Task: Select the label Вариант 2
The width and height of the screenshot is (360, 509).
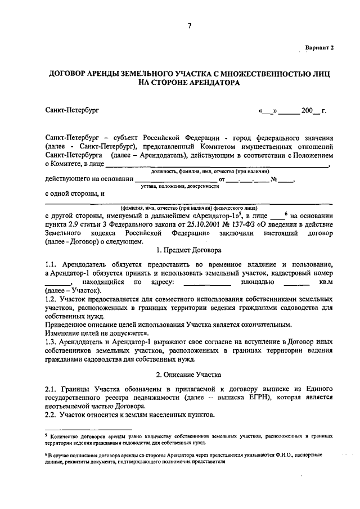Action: tap(319, 48)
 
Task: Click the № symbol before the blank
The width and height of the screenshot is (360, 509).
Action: tap(274, 179)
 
